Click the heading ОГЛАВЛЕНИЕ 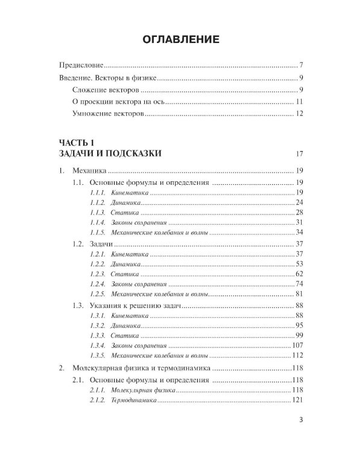click(180, 40)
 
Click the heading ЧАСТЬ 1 click(77, 143)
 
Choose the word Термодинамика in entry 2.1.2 click(133, 401)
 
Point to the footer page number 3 click(300, 421)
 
